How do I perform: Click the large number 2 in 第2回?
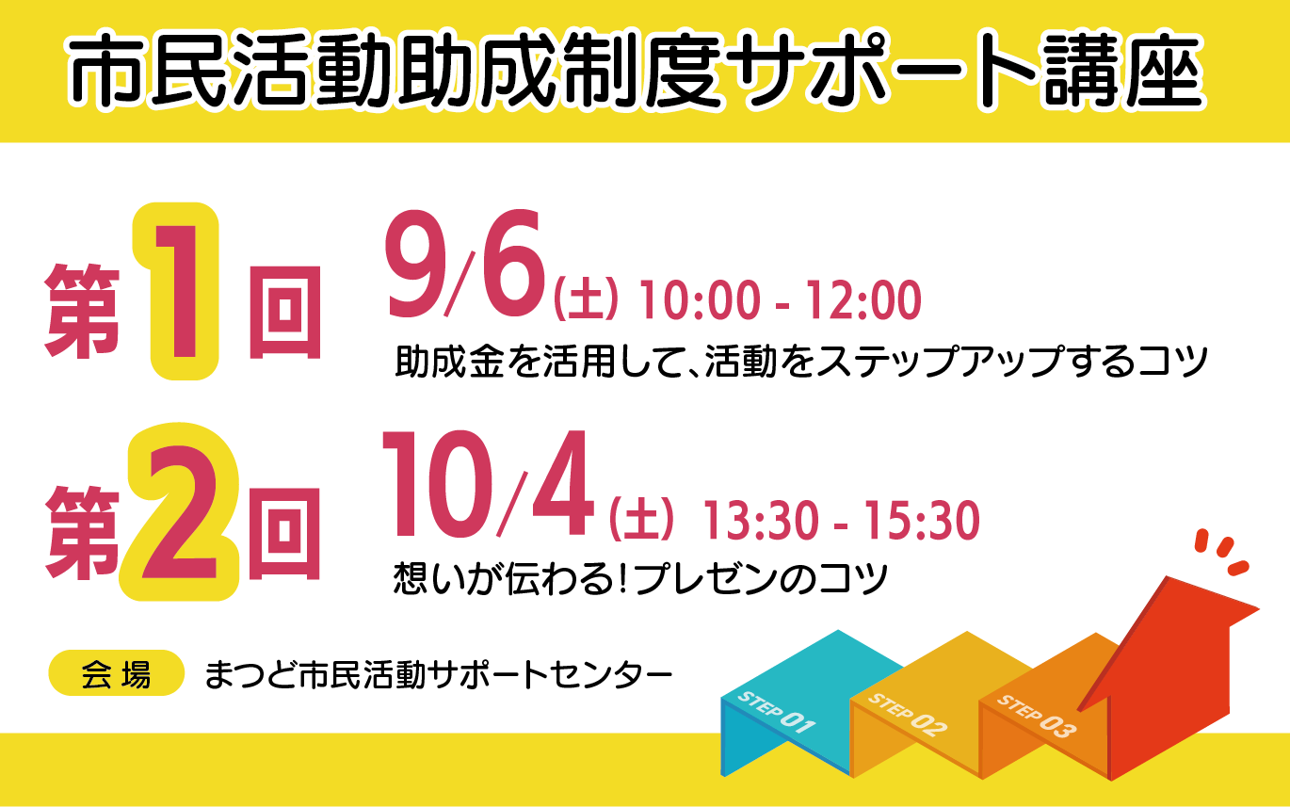(179, 512)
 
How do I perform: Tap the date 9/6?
(465, 265)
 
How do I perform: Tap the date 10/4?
(487, 483)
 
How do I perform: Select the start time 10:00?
(699, 300)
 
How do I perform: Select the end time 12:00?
(863, 300)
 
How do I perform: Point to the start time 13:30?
(760, 520)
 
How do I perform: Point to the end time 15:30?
(922, 520)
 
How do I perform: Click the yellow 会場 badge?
(117, 672)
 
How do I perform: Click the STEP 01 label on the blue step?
(776, 712)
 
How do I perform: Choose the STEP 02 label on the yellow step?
(907, 715)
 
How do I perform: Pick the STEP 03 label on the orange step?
(1036, 716)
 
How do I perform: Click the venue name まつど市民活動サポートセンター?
(439, 674)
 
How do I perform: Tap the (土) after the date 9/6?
(585, 300)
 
